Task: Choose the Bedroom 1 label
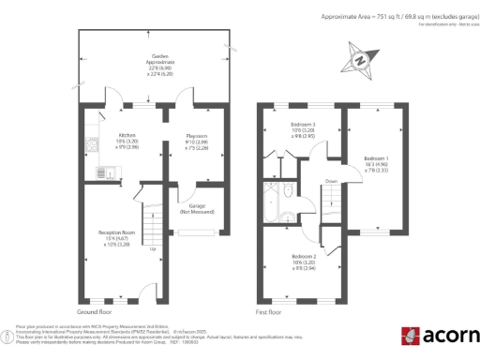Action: [x=375, y=158]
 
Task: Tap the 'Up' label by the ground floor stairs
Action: [x=152, y=249]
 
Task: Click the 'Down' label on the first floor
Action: [x=331, y=181]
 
